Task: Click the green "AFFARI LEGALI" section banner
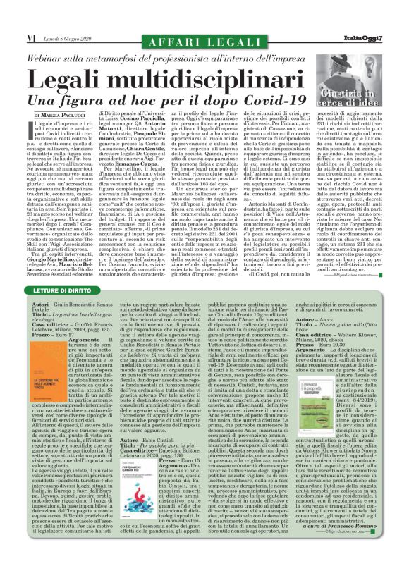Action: [x=204, y=31]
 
